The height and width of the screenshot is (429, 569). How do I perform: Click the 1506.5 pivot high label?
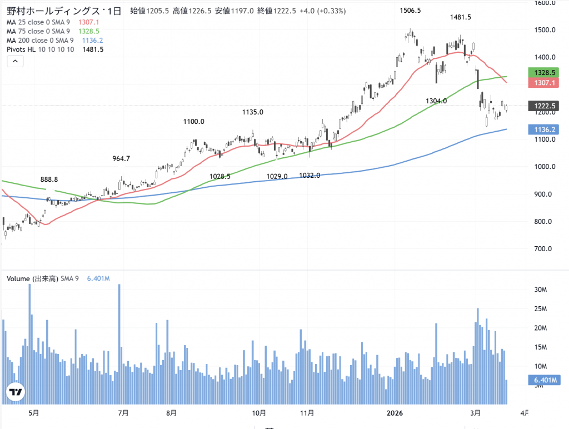411,11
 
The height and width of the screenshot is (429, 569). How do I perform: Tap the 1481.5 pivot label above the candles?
461,17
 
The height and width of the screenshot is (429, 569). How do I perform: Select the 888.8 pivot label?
49,179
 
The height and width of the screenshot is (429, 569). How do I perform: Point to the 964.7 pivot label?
121,158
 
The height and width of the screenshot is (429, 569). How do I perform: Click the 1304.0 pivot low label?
436,101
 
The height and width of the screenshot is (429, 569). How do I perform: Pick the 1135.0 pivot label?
253,112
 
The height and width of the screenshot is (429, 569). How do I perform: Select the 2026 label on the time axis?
394,413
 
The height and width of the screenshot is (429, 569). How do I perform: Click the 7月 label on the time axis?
124,413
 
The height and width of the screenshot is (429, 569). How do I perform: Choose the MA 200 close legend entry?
38,41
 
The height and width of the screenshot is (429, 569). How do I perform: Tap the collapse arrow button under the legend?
15,62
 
